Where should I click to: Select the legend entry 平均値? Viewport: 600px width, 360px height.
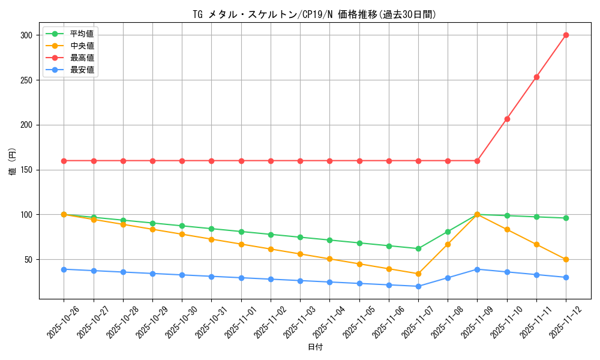click(82, 34)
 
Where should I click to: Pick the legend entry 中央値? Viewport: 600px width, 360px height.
click(82, 46)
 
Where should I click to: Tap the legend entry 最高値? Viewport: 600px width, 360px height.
click(82, 58)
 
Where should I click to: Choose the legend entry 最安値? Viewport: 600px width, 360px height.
click(82, 70)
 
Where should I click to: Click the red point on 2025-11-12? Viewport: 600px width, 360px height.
click(566, 35)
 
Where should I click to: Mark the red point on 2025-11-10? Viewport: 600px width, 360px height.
click(507, 119)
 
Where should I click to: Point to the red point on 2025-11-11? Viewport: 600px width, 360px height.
click(536, 77)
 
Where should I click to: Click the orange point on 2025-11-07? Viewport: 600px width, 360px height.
click(418, 274)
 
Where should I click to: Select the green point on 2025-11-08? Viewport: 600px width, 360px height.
click(448, 232)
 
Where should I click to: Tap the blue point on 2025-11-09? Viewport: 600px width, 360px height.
click(477, 269)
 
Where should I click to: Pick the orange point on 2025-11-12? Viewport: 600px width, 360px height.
click(566, 259)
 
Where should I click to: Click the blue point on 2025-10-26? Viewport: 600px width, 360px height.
click(64, 269)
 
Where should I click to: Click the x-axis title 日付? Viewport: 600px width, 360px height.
click(315, 347)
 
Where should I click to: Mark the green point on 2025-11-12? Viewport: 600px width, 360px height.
click(566, 218)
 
